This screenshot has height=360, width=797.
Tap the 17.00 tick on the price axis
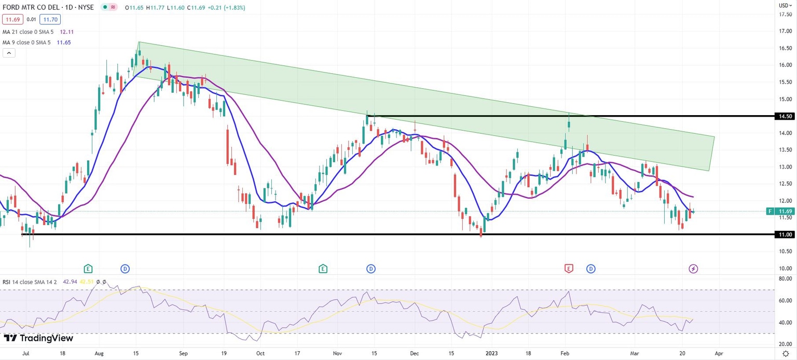[x=785, y=31]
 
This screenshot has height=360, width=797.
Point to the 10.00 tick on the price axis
[x=785, y=269]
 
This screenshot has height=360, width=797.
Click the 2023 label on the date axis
[x=491, y=353]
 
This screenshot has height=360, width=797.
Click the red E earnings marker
[x=569, y=268]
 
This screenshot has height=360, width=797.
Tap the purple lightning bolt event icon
[x=694, y=268]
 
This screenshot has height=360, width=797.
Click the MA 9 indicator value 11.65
[x=64, y=42]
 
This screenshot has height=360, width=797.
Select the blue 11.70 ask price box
[x=51, y=20]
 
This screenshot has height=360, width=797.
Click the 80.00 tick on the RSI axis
[x=785, y=279]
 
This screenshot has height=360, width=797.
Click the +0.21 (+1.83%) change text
[x=226, y=8]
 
